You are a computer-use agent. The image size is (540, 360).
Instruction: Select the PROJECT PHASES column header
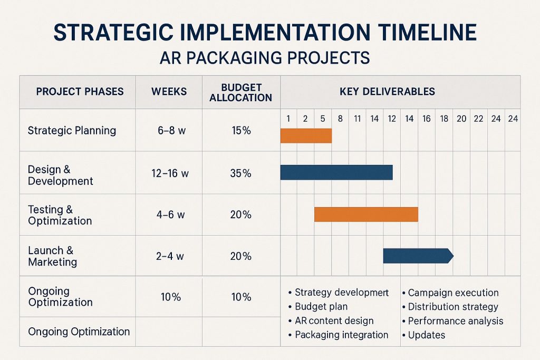(x=80, y=91)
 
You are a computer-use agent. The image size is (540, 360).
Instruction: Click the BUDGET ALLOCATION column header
(x=240, y=92)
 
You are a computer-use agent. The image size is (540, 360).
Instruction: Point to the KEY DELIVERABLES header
(x=387, y=91)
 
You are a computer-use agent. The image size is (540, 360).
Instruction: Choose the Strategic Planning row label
(x=72, y=130)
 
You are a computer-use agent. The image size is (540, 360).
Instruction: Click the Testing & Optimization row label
(x=60, y=215)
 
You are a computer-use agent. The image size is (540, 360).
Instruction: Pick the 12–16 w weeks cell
(x=169, y=173)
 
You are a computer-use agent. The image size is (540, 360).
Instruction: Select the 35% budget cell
(x=240, y=173)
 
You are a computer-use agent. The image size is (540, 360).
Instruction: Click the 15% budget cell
(x=241, y=131)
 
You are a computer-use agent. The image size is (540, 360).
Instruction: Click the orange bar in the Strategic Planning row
(x=306, y=136)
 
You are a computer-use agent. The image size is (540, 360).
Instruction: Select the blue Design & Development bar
(x=336, y=172)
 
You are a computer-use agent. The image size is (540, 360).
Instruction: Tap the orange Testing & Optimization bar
(x=366, y=214)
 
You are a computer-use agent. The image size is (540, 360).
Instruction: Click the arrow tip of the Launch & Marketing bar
(x=450, y=256)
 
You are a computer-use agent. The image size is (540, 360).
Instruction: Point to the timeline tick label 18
(x=444, y=119)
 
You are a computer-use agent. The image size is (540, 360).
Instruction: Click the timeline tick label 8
(x=340, y=119)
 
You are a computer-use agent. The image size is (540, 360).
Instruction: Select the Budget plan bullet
(x=321, y=306)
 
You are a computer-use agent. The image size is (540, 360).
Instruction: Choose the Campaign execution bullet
(x=453, y=293)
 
